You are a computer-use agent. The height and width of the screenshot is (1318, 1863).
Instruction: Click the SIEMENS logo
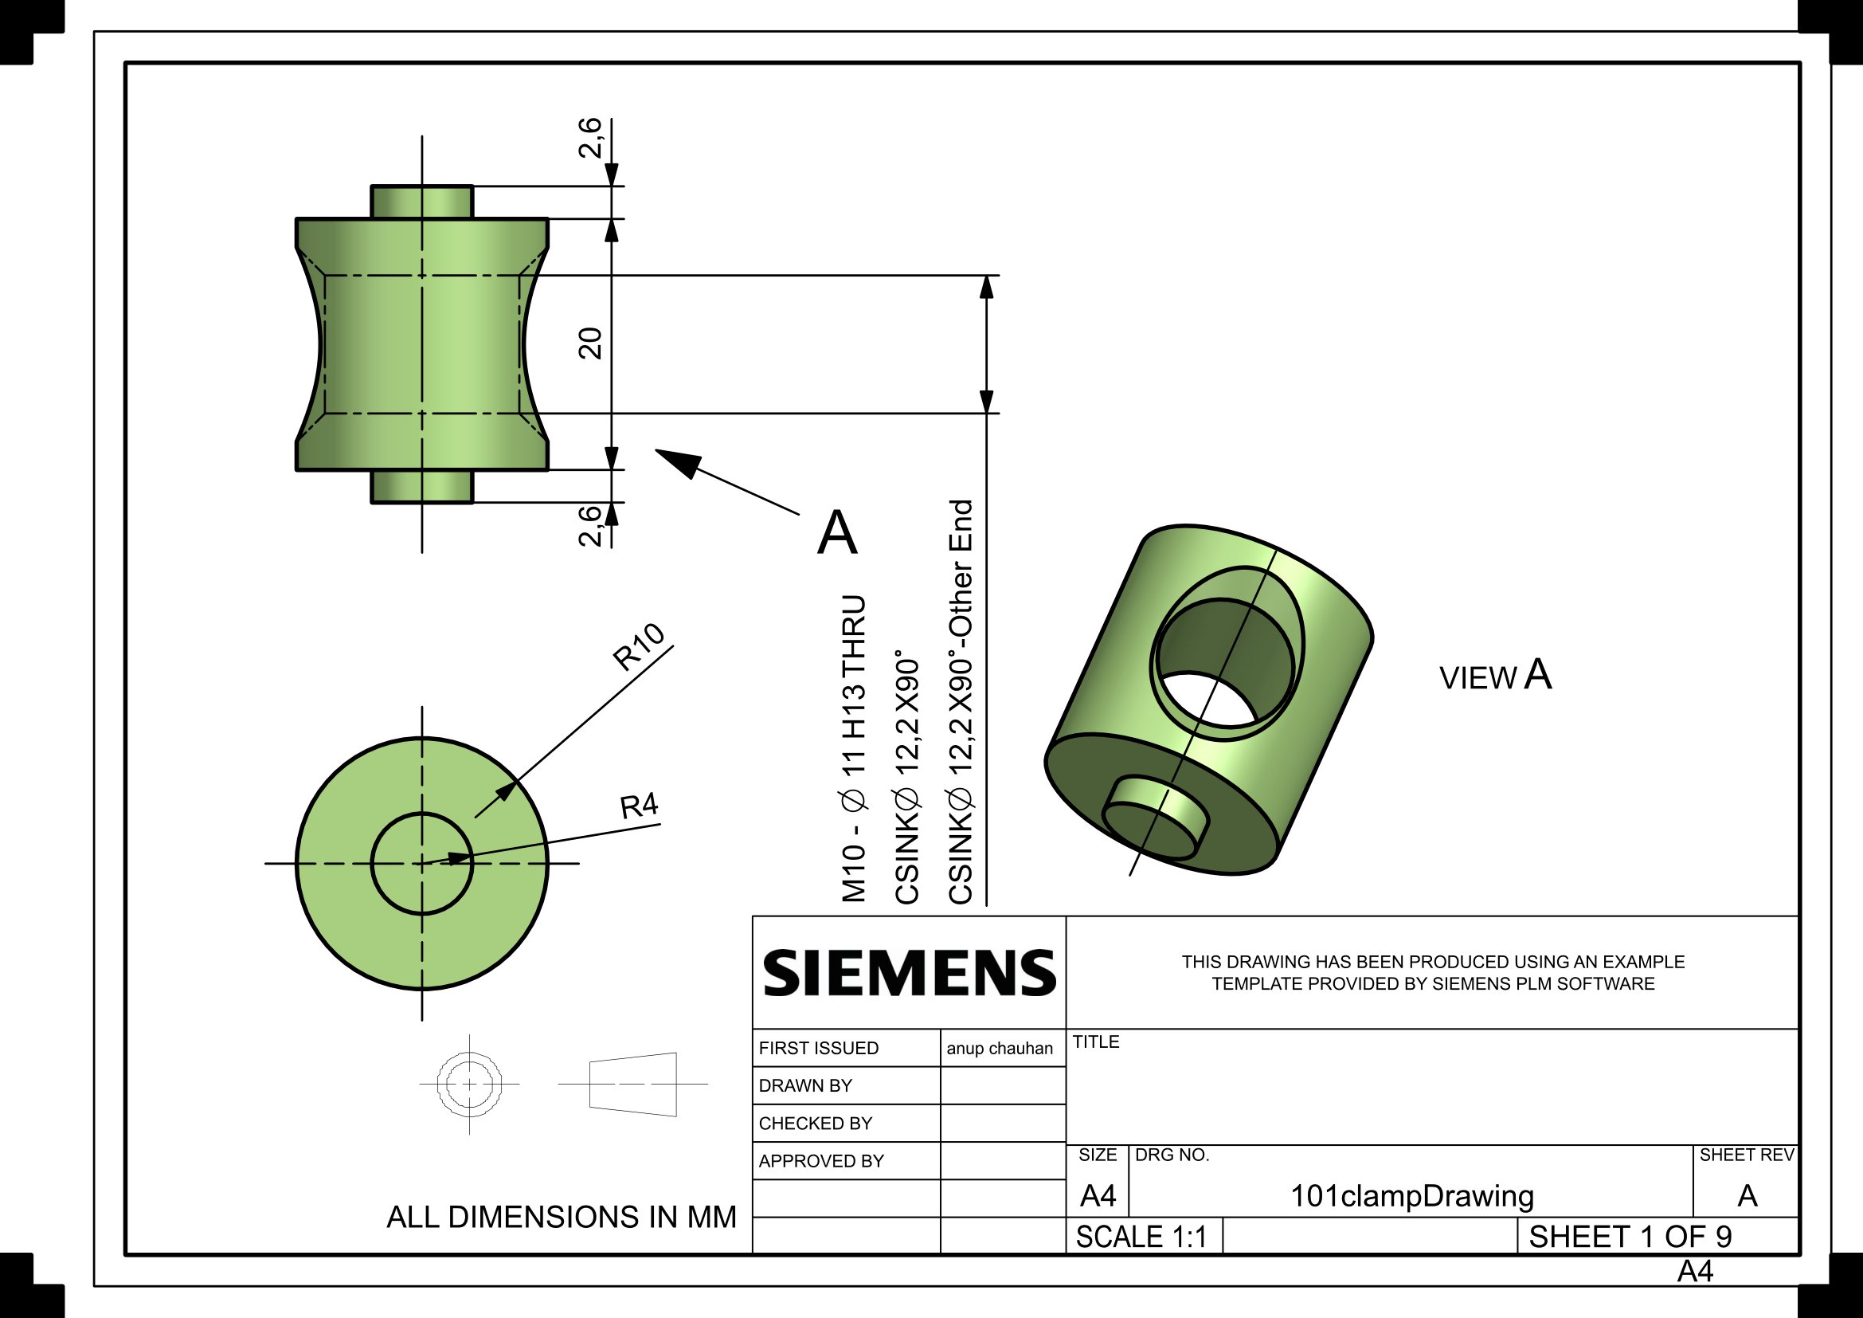click(x=909, y=973)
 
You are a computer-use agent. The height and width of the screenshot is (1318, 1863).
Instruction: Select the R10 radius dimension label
click(x=639, y=647)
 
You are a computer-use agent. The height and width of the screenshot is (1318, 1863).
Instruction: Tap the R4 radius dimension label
click(x=639, y=806)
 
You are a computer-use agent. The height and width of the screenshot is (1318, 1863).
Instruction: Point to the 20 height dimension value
click(x=591, y=343)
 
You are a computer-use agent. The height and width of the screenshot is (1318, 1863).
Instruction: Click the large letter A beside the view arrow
click(x=836, y=533)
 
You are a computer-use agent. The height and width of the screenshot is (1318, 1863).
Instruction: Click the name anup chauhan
click(x=999, y=1049)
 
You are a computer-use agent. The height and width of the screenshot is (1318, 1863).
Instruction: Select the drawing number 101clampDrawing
click(x=1412, y=1196)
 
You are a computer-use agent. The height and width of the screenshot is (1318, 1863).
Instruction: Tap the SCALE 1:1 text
click(x=1141, y=1237)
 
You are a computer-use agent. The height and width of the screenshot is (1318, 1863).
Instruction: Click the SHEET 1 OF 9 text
click(x=1630, y=1237)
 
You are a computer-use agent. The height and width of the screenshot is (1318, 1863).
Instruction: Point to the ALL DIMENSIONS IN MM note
click(x=561, y=1218)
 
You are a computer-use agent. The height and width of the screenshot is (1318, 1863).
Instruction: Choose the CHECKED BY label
click(x=815, y=1124)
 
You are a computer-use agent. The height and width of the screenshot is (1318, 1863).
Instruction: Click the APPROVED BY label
click(x=820, y=1161)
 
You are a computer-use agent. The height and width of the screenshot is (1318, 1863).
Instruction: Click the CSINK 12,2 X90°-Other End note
click(x=961, y=702)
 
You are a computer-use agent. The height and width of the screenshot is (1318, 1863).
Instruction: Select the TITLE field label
click(x=1095, y=1042)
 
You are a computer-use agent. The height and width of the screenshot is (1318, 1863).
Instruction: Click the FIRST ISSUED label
click(x=818, y=1049)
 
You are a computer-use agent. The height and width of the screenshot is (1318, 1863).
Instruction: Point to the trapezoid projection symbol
click(x=633, y=1085)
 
